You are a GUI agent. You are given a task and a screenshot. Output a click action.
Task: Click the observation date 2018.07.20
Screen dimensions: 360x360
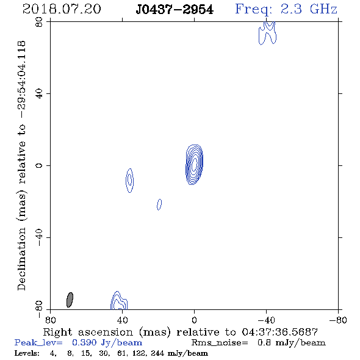(62, 9)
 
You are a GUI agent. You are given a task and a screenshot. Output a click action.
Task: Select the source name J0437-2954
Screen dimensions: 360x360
(175, 10)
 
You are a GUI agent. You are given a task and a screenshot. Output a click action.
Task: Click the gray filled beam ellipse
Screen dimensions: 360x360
(70, 300)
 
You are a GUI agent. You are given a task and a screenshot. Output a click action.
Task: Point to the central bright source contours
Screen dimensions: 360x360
(194, 165)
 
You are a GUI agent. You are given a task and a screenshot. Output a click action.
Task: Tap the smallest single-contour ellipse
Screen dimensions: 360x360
(159, 204)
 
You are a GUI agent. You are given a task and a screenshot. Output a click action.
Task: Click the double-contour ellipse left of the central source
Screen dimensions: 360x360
(130, 181)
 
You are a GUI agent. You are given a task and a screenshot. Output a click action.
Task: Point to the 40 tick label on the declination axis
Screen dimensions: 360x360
(39, 94)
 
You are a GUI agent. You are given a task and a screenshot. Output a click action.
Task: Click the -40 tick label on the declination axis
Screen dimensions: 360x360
(39, 237)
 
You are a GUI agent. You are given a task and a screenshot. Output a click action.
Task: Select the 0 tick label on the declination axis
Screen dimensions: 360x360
(39, 165)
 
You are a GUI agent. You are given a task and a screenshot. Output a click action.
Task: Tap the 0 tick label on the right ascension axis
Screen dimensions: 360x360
(194, 320)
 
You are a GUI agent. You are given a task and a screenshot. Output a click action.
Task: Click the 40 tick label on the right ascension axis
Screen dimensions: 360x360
(123, 320)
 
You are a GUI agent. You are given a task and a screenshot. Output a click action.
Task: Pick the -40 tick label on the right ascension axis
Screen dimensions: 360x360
(266, 320)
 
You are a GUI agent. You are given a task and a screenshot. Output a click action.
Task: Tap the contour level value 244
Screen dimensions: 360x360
(157, 353)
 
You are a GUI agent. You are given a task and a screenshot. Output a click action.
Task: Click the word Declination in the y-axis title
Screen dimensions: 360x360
(21, 259)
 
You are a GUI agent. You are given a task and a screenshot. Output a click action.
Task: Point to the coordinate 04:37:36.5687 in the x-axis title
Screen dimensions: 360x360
(280, 332)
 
